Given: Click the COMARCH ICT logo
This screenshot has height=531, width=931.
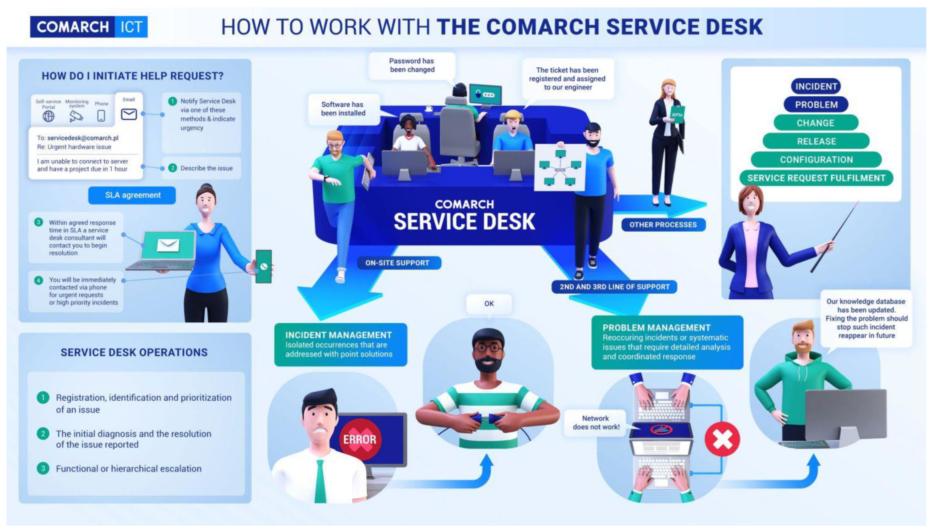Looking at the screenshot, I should tap(88, 27).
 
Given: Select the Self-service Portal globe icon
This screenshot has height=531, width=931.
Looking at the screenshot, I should tap(48, 116).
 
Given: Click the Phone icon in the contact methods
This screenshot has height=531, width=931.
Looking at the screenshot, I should tap(101, 116).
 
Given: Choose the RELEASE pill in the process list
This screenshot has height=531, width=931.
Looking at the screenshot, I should tap(816, 141).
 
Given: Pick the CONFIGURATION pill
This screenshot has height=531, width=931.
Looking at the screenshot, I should tap(816, 160).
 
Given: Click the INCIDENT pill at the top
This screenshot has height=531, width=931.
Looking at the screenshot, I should tap(816, 86).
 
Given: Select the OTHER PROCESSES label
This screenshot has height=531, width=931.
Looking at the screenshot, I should tap(663, 225).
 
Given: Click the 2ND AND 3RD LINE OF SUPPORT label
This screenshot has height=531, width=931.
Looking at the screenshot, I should tap(614, 287).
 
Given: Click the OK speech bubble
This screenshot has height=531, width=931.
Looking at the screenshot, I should tap(489, 304).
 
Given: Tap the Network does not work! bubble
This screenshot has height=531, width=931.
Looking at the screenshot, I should tap(596, 423).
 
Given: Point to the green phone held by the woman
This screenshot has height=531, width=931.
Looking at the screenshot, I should tap(264, 266).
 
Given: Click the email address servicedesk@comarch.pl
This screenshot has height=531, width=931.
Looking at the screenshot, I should tap(83, 138).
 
